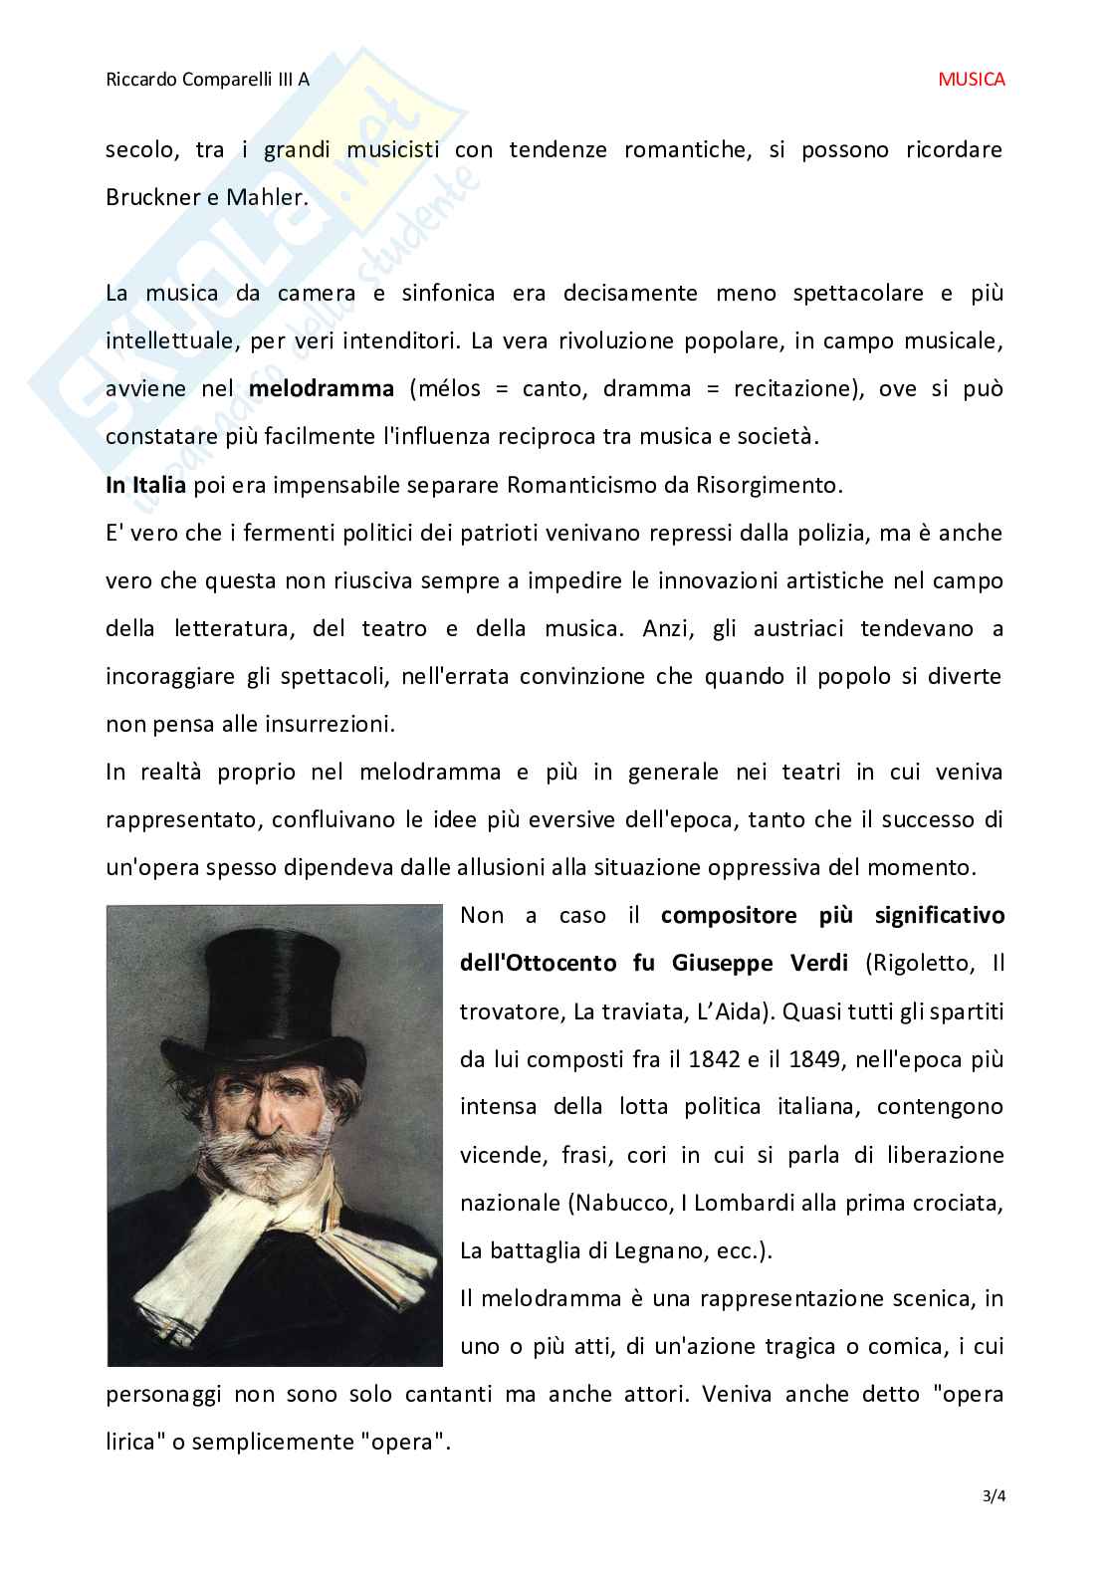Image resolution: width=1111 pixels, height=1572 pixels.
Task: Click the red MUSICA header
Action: [971, 80]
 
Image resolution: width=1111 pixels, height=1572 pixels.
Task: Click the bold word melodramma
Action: [321, 388]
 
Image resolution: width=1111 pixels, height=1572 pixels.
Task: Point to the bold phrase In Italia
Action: [145, 485]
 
